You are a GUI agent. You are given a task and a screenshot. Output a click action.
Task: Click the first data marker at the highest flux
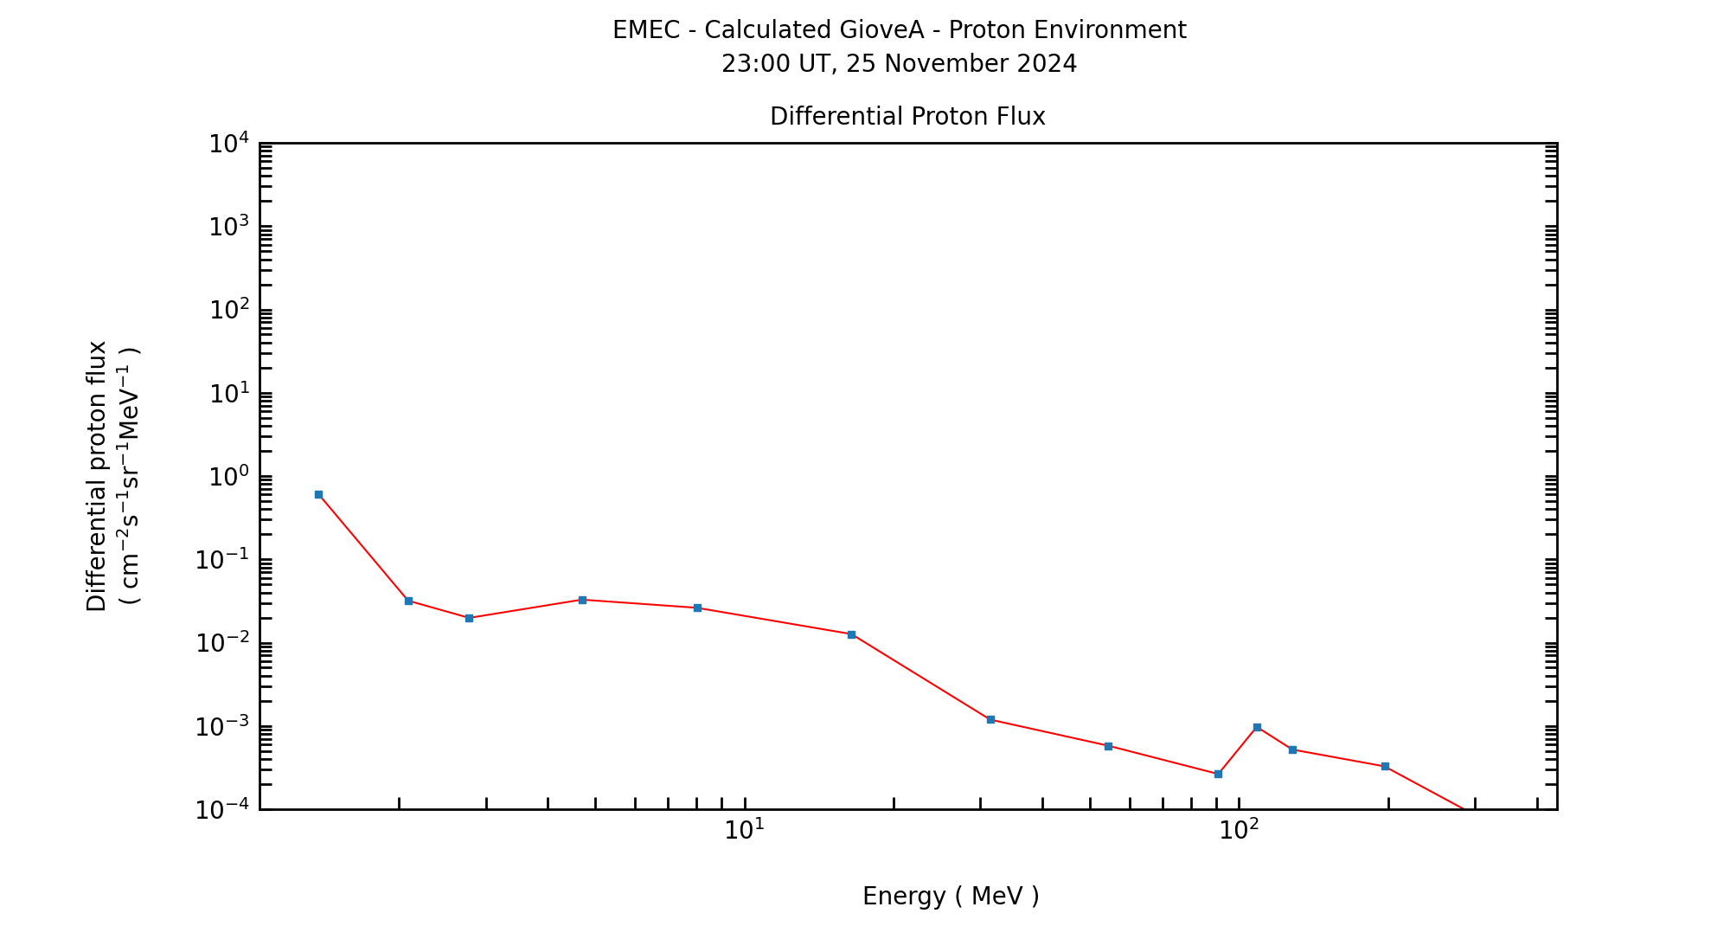tap(318, 494)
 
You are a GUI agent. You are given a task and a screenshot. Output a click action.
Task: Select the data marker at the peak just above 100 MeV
tap(1257, 727)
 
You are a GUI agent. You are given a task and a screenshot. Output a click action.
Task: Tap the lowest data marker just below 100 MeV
tap(1218, 774)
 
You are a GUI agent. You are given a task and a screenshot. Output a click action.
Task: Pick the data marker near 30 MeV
tap(990, 719)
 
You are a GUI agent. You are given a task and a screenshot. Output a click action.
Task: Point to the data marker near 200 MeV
tap(1385, 766)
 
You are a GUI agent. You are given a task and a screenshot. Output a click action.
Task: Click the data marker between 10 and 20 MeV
tap(851, 634)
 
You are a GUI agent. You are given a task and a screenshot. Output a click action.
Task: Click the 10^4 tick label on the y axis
tap(228, 144)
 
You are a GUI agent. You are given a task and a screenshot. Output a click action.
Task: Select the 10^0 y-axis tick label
tap(228, 477)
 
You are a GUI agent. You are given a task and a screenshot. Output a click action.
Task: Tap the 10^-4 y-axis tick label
tap(221, 810)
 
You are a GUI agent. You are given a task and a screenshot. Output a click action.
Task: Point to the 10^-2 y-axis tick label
tap(221, 643)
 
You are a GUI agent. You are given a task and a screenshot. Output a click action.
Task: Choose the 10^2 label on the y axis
tap(228, 310)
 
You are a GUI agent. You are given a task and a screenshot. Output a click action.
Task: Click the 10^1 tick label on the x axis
tap(745, 830)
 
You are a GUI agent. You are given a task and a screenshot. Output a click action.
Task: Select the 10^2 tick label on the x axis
tap(1239, 830)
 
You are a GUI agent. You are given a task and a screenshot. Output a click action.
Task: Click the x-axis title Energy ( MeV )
tap(951, 897)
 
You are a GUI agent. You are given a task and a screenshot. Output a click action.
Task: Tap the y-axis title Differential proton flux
tap(97, 476)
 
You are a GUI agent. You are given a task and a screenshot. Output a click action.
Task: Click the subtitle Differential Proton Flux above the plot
tap(907, 117)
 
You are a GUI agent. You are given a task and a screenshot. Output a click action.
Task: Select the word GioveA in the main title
tap(881, 30)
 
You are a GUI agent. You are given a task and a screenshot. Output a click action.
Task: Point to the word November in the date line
tap(935, 64)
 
